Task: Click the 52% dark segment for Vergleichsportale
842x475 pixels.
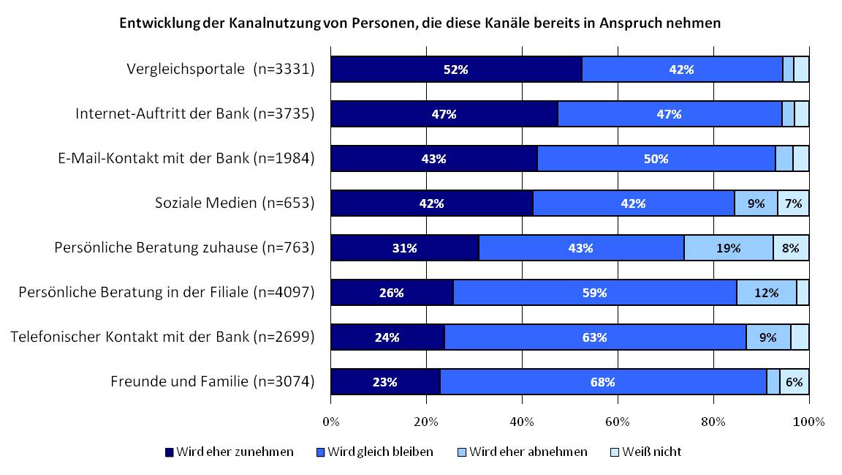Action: tap(456, 70)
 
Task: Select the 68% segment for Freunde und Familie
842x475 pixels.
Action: tap(603, 382)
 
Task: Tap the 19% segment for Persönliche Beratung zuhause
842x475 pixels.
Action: tap(728, 248)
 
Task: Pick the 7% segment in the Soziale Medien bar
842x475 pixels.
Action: tap(793, 203)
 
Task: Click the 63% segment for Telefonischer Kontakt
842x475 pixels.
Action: tap(595, 337)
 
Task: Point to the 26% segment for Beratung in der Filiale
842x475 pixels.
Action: tap(392, 293)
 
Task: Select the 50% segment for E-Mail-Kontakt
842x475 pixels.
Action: tap(656, 159)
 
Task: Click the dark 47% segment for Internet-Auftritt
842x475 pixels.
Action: tap(444, 114)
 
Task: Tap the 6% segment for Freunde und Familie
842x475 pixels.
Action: tap(794, 382)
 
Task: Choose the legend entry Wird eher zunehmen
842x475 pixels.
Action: tap(230, 452)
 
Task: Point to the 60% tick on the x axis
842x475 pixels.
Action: tap(618, 422)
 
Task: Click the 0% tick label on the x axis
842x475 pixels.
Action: tap(331, 422)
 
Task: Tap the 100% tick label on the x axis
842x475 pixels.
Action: tap(808, 422)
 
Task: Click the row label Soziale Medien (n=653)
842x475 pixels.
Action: tap(235, 203)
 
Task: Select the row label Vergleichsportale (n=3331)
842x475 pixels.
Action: tap(219, 70)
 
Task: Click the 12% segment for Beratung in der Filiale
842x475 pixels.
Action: tap(766, 293)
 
